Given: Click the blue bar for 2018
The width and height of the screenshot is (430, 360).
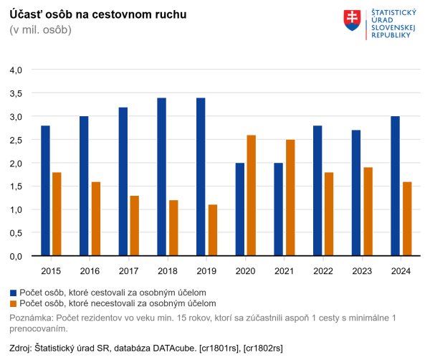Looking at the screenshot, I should pos(162,177).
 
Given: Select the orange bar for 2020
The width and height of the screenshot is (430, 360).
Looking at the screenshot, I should pos(251,196).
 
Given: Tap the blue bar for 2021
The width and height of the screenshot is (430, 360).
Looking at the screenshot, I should pos(278,209).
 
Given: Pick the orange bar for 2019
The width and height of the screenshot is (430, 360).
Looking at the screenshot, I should pos(213,230).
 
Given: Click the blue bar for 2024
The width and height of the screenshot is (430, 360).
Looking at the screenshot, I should pos(394,186).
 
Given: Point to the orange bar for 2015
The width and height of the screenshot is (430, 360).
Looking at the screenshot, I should pos(57,214).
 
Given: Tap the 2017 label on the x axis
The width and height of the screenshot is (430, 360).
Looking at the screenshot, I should pos(128,270).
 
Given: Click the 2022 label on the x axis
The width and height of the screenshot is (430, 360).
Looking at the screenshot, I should pos(322,270).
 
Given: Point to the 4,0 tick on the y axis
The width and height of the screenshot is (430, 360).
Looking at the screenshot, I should pos(16,70).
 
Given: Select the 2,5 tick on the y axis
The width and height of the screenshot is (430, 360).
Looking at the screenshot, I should pos(16,140).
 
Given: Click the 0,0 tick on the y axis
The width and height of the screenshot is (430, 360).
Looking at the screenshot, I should pos(16,256).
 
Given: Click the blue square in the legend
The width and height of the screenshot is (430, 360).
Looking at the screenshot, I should pos(14,293).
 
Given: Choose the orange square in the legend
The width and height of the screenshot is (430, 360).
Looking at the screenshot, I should pos(14,304).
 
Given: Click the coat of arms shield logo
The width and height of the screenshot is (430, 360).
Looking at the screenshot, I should pos(352,21).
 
